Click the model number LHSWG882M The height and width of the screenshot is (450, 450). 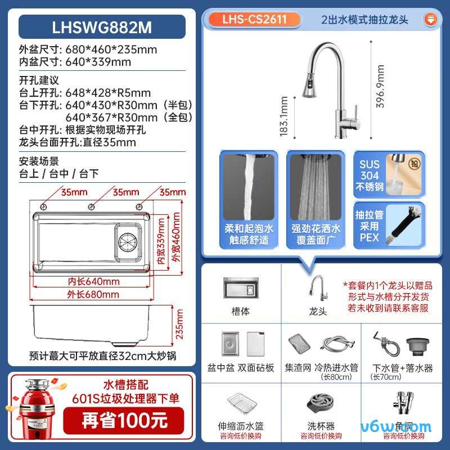point(102,27)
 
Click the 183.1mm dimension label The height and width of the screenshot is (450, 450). point(283,116)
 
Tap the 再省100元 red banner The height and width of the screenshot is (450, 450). point(124,420)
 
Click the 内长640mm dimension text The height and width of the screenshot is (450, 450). point(94,281)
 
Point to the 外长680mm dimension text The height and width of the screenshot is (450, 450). point(94,294)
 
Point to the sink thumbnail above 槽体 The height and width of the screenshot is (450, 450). point(241,287)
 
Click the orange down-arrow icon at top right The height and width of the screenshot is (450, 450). point(431,19)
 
